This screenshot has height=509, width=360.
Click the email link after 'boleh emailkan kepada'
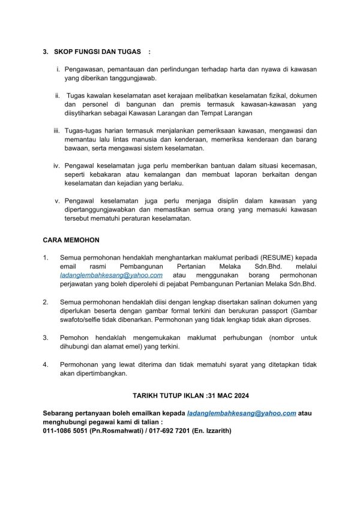(242, 413)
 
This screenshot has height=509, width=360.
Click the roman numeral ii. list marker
(58, 95)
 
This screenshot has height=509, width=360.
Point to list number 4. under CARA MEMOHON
(46, 364)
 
